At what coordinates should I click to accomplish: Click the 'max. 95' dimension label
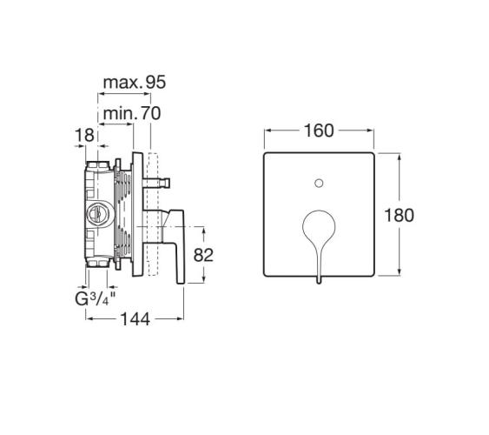pyautogui.click(x=135, y=82)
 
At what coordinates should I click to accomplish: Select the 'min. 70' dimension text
pyautogui.click(x=132, y=113)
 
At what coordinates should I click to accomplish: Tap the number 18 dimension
pyautogui.click(x=84, y=135)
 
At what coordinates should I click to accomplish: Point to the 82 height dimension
pyautogui.click(x=203, y=255)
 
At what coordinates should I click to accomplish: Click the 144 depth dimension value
pyautogui.click(x=135, y=319)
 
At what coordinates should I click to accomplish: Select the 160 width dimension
pyautogui.click(x=319, y=130)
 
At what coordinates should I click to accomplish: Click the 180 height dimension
pyautogui.click(x=400, y=215)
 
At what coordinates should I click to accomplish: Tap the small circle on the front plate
pyautogui.click(x=319, y=184)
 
